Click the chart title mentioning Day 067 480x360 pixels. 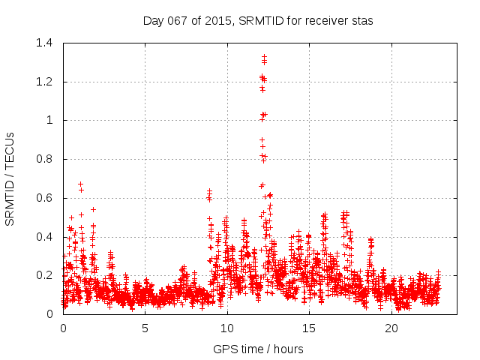pyautogui.click(x=258, y=21)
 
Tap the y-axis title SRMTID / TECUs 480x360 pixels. pyautogui.click(x=10, y=178)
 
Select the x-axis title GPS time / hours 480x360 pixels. pyautogui.click(x=258, y=349)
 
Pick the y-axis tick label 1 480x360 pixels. pyautogui.click(x=51, y=120)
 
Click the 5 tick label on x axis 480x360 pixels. pyautogui.click(x=145, y=328)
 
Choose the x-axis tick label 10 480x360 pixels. pyautogui.click(x=227, y=328)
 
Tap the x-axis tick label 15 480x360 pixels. pyautogui.click(x=309, y=328)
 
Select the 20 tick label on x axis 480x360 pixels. pyautogui.click(x=391, y=328)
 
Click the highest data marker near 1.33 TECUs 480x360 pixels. pyautogui.click(x=264, y=56)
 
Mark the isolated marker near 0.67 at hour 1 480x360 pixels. pyautogui.click(x=80, y=184)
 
